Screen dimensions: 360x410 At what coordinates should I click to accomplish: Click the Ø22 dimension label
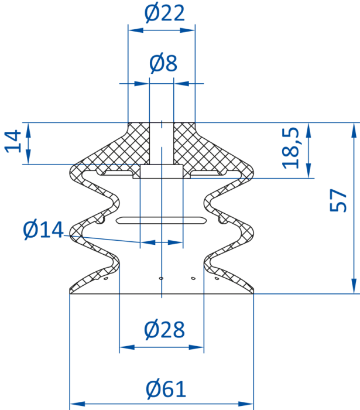pos(164,13)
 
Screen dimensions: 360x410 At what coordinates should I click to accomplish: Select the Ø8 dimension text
pos(163,63)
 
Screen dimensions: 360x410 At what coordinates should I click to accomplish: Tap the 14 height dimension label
pos(12,141)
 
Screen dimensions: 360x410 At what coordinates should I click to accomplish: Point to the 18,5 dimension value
pos(290,148)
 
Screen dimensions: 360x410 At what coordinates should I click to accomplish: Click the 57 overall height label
pos(338,200)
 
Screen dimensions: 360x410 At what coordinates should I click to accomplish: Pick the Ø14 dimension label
pos(43,230)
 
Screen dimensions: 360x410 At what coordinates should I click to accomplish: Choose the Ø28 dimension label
pos(164,329)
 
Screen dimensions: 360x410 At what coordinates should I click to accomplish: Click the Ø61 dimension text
pos(166,389)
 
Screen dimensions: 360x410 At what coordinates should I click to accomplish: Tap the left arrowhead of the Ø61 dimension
pos(78,404)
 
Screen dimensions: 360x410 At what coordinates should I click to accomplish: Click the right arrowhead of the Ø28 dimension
pos(196,347)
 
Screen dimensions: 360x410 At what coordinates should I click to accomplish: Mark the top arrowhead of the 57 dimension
pos(354,131)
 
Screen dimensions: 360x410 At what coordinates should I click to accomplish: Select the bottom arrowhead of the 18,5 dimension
pos(308,170)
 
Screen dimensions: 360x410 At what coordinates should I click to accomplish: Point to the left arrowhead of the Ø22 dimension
pos(136,30)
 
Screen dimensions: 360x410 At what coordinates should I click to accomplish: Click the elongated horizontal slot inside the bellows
pos(162,220)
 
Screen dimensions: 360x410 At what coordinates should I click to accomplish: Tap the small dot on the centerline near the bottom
pos(161,278)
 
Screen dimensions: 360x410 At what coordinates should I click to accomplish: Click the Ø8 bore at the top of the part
pos(162,143)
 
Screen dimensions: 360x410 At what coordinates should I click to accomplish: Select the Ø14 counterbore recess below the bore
pos(162,171)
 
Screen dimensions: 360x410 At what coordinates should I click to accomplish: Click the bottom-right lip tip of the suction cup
pos(253,293)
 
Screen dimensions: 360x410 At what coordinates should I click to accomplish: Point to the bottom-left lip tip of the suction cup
pos(70,293)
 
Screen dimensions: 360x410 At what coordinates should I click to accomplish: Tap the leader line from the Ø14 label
pos(102,239)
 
